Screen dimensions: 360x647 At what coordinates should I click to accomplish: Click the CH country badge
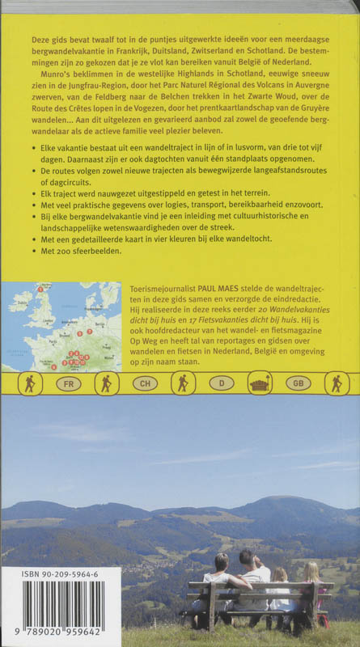click(x=144, y=384)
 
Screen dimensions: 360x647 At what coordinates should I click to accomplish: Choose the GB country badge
click(x=298, y=384)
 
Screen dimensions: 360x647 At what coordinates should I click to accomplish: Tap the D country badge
click(x=221, y=384)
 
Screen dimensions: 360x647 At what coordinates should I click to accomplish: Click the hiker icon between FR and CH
click(x=106, y=384)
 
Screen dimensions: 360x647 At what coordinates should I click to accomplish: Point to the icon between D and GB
click(x=260, y=384)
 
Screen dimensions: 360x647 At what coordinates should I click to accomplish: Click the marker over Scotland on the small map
click(x=40, y=289)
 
